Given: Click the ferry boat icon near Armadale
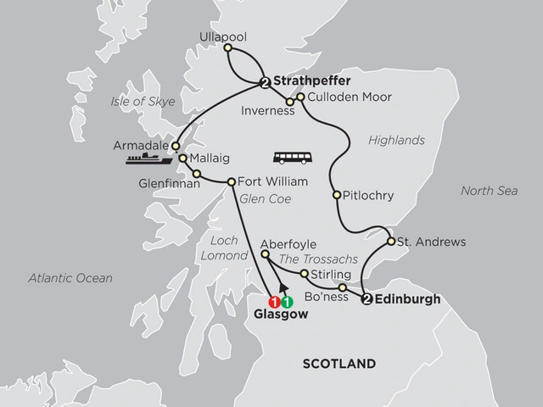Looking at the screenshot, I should click(146, 158).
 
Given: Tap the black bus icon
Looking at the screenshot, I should click(288, 158).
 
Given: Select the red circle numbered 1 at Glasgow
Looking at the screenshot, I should click(274, 301).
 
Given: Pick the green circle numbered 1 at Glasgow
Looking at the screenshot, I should click(288, 301).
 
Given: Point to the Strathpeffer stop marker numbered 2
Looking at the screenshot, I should click(265, 82).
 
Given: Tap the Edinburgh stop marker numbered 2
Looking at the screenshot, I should click(367, 299).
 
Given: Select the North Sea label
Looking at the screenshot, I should click(489, 191).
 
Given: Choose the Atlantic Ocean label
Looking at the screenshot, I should click(70, 277).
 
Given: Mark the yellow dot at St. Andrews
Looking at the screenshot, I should click(390, 242).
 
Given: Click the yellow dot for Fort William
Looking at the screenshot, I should click(230, 181).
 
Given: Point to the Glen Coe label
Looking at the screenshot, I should click(259, 200).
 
